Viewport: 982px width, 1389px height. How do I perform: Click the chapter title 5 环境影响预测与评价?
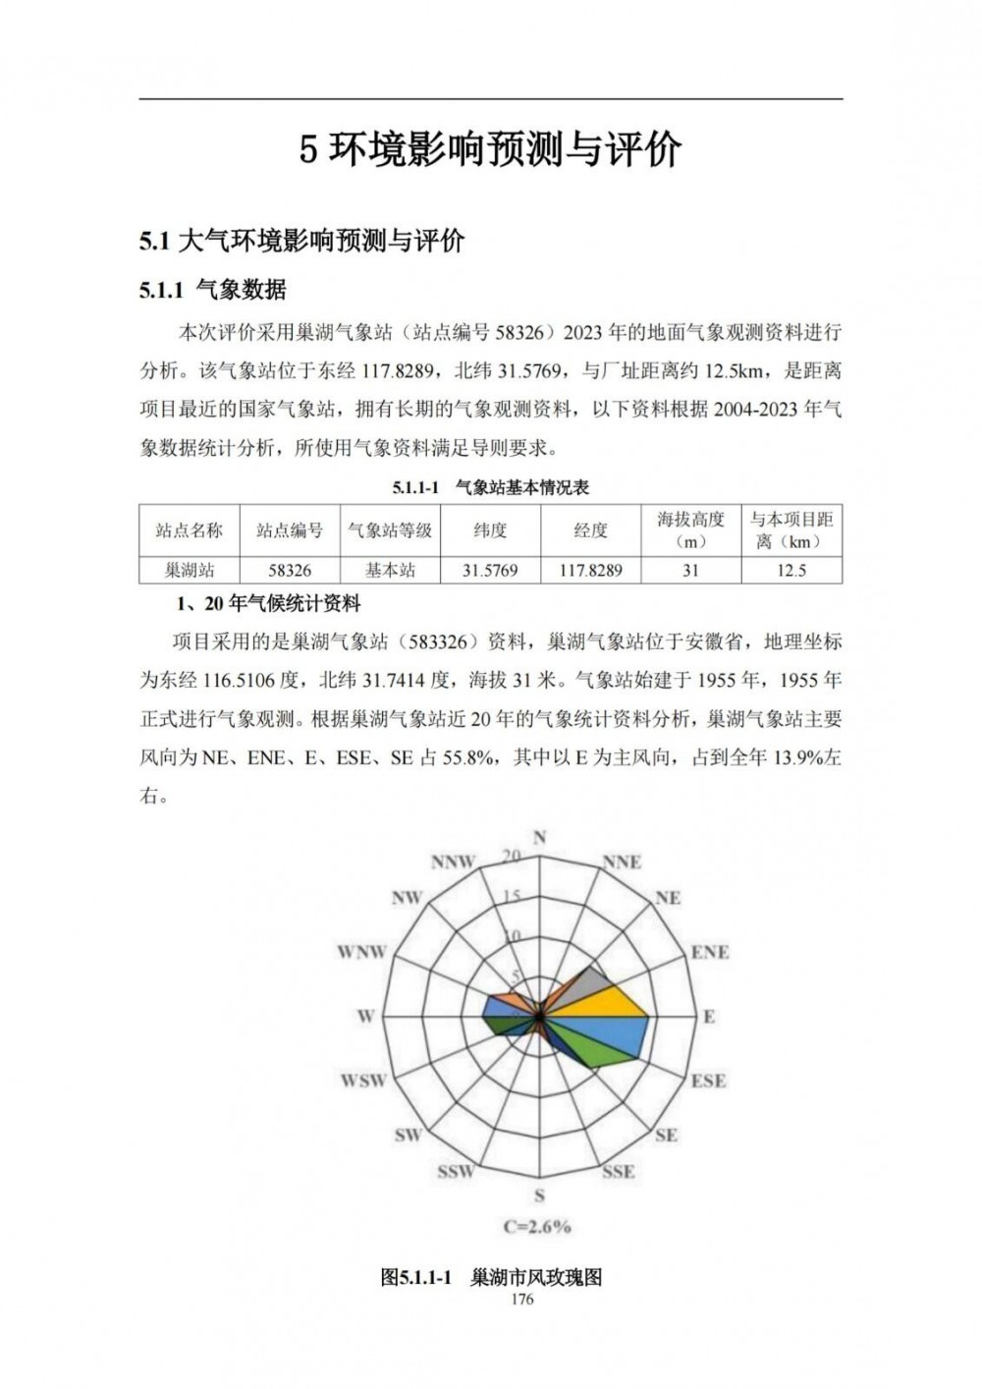pyautogui.click(x=490, y=150)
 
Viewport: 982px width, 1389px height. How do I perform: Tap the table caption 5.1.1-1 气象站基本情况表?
pyautogui.click(x=490, y=487)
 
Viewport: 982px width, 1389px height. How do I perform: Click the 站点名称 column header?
pyautogui.click(x=190, y=530)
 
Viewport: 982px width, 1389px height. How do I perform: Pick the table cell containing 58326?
pyautogui.click(x=290, y=570)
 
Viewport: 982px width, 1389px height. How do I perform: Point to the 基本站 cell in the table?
pyautogui.click(x=390, y=570)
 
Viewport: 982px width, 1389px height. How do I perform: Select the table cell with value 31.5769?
pyautogui.click(x=490, y=570)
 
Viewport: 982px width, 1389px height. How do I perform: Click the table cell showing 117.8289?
pyautogui.click(x=590, y=570)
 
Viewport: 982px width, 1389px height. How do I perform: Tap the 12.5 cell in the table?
pyautogui.click(x=791, y=570)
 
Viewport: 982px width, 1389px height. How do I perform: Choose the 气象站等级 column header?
pyautogui.click(x=390, y=530)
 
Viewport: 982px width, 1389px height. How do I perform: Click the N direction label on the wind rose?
pyautogui.click(x=539, y=838)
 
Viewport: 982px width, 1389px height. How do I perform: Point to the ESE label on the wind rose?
pyautogui.click(x=708, y=1081)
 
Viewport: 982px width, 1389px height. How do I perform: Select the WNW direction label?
pyautogui.click(x=361, y=952)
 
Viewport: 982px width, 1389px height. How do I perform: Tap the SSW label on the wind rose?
pyautogui.click(x=456, y=1171)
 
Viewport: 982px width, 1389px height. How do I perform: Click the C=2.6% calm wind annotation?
pyautogui.click(x=537, y=1226)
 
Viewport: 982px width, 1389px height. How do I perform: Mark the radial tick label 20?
pyautogui.click(x=511, y=856)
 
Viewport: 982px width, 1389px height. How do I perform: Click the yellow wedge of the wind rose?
pyautogui.click(x=614, y=1005)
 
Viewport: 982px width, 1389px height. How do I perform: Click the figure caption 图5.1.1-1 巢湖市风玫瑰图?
pyautogui.click(x=491, y=1277)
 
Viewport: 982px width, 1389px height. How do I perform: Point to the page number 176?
pyautogui.click(x=522, y=1300)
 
